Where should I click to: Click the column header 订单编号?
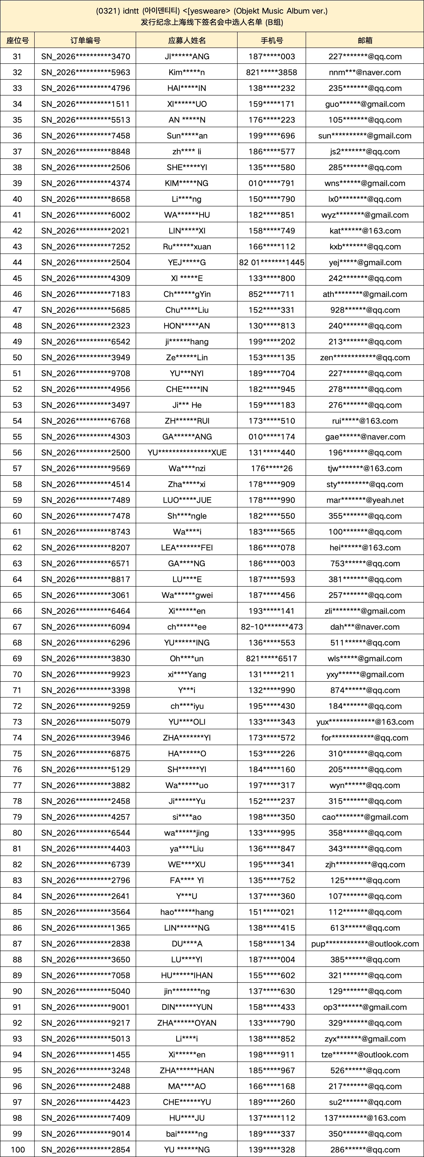pos(85,40)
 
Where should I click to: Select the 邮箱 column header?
pos(365,40)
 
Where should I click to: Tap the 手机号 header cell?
pos(272,40)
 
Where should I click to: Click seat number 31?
pos(17,57)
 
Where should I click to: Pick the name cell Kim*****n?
pos(187,72)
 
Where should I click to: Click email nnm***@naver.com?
pos(365,72)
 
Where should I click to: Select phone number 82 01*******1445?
pos(272,262)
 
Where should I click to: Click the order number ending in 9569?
pos(85,469)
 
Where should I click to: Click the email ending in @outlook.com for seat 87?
pos(365,944)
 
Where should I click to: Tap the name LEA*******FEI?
pos(187,548)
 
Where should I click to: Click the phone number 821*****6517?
pos(272,658)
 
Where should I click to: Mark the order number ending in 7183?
pos(85,294)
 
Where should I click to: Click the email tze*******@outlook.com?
pos(365,1055)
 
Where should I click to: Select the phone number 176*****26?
pos(272,469)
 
